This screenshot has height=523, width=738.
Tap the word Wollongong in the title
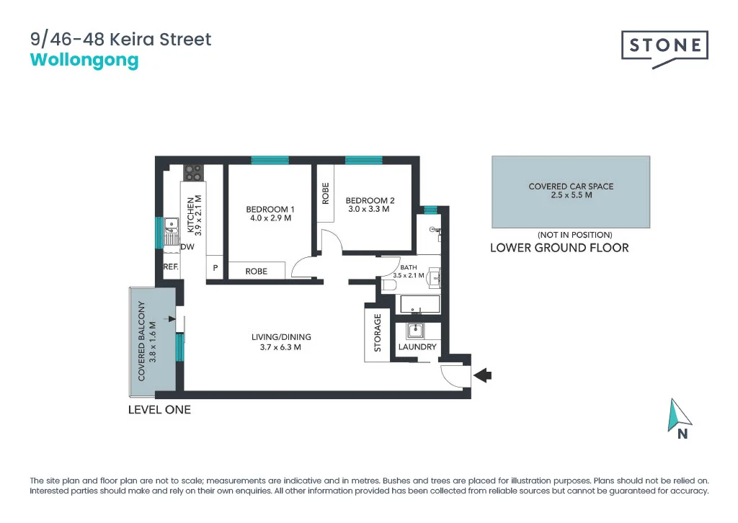(84, 60)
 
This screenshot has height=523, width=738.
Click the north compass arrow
(680, 415)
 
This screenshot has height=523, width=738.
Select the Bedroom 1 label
(270, 214)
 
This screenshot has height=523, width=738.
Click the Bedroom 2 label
(370, 205)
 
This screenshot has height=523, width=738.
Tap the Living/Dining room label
(281, 341)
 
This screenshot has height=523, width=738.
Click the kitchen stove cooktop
(194, 173)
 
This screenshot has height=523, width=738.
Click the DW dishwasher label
(187, 247)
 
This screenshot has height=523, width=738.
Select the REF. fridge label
(171, 267)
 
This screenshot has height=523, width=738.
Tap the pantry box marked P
(215, 269)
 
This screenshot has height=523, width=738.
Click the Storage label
(377, 332)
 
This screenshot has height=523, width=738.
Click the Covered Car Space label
(571, 191)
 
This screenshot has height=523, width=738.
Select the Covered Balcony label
(147, 341)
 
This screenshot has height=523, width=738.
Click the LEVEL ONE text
(159, 409)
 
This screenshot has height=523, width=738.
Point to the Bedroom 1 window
(270, 160)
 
